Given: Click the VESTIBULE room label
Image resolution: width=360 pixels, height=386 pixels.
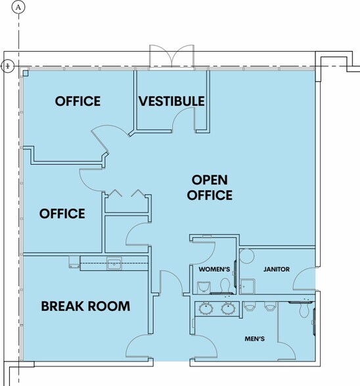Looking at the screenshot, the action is [x=171, y=101].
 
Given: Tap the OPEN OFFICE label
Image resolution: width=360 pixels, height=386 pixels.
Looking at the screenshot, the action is [x=210, y=187].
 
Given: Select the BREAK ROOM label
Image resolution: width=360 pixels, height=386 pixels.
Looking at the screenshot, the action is [x=85, y=306].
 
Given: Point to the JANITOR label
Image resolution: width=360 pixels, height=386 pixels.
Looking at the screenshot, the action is [x=277, y=269].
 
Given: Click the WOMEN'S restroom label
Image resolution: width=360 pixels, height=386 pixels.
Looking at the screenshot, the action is [x=214, y=269].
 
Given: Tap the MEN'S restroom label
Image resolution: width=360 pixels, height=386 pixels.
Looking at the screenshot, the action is [x=254, y=339].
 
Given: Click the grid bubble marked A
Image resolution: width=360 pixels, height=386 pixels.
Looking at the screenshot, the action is [x=18, y=7].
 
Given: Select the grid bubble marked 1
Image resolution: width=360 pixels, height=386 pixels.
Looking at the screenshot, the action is [x=8, y=66].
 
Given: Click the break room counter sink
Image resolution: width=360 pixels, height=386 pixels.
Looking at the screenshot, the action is [x=114, y=264].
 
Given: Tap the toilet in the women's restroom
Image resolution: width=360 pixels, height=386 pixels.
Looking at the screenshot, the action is [x=225, y=286].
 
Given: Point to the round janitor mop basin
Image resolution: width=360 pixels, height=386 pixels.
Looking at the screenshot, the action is [x=247, y=256].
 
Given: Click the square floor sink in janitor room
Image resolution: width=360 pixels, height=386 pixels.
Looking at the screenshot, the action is [x=248, y=286].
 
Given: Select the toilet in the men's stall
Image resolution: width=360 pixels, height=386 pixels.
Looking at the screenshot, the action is [x=305, y=310].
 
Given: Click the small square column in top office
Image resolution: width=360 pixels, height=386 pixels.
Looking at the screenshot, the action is [x=26, y=73].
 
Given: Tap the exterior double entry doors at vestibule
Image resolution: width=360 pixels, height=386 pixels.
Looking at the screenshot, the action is [x=171, y=56].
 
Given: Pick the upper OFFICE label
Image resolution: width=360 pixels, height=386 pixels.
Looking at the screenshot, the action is [x=78, y=101].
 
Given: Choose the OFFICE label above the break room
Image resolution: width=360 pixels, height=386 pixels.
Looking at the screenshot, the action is [x=62, y=213].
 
